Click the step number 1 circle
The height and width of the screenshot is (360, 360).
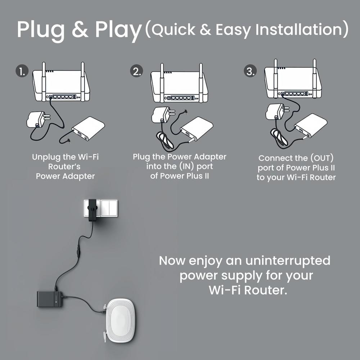pyautogui.click(x=22, y=71)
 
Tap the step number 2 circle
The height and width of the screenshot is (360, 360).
pyautogui.click(x=136, y=71)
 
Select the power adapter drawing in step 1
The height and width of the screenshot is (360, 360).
pyautogui.click(x=36, y=119)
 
